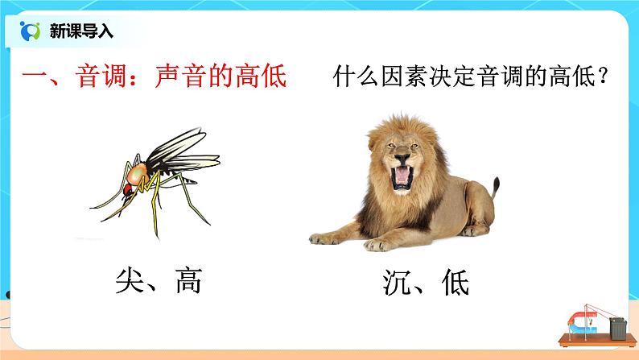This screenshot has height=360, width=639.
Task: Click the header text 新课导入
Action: (x=82, y=31)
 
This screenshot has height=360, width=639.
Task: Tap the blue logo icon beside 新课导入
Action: (x=31, y=31)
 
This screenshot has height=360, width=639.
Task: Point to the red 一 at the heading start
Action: (x=35, y=78)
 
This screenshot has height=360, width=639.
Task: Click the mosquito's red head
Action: (x=126, y=191)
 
